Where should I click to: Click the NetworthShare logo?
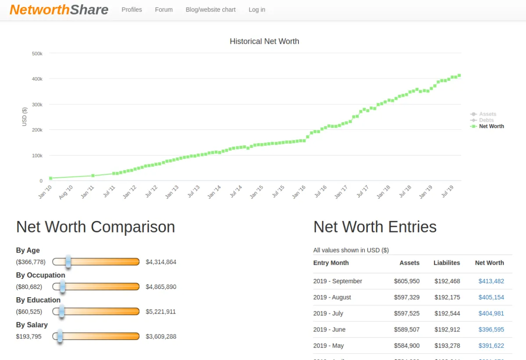tap(59, 10)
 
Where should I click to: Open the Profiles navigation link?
tap(131, 10)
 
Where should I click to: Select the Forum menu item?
tap(163, 10)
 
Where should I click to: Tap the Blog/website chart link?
tap(210, 10)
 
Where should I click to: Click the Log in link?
tap(257, 10)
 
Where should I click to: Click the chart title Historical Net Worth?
tap(264, 41)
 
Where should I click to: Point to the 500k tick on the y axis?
tap(37, 53)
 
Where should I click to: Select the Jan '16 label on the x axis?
tap(299, 192)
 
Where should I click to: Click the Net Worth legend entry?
tap(491, 126)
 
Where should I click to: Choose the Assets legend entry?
tap(487, 114)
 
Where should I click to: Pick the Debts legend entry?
tap(486, 120)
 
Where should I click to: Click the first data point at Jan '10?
tap(51, 178)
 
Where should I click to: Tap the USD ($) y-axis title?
tap(25, 117)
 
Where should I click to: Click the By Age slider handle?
tap(68, 262)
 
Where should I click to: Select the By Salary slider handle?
tap(60, 336)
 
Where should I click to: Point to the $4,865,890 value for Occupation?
tap(161, 287)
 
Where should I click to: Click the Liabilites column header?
tap(447, 263)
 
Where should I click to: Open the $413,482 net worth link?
tap(491, 281)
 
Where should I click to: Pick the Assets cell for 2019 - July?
tap(406, 314)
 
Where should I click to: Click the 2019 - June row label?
tap(329, 330)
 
